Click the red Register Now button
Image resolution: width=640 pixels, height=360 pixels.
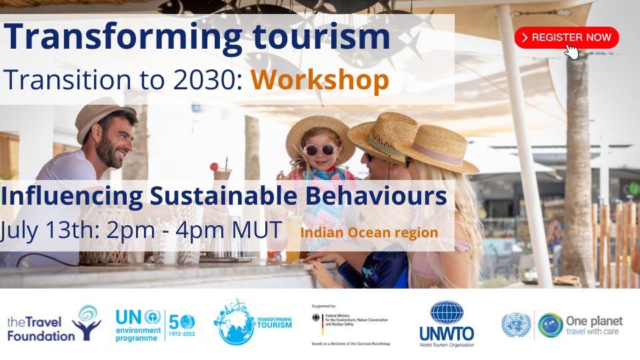coord(566,37)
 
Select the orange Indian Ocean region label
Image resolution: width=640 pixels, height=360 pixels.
coord(369,233)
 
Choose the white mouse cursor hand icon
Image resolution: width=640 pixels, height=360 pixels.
coord(571,51)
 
